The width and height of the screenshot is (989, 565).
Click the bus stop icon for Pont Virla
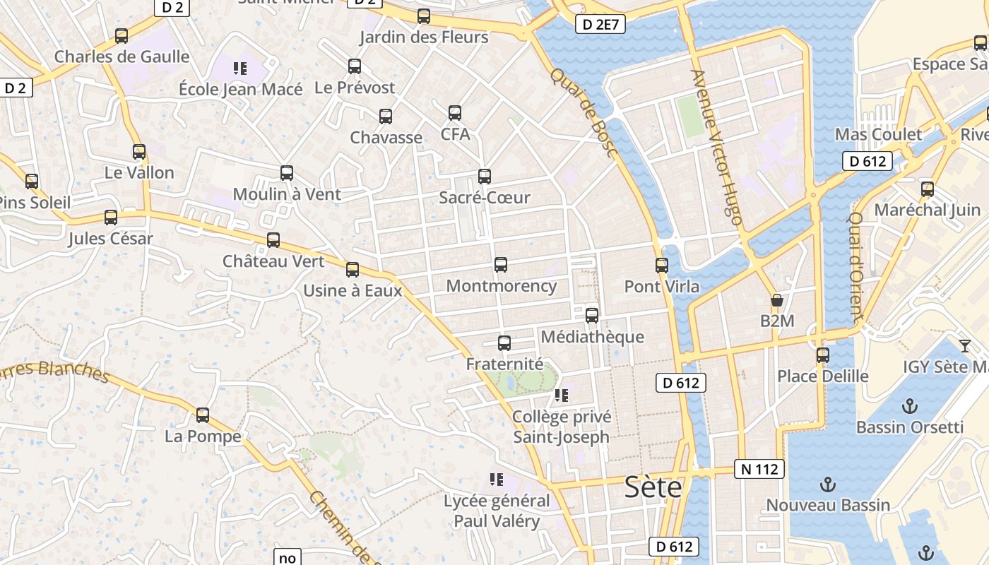pos(662,266)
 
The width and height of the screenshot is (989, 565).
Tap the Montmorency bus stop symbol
pos(501,265)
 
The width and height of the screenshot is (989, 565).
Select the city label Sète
pos(653,487)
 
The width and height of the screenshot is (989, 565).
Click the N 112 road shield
pos(759,469)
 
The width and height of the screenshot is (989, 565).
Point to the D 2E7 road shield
pos(600,25)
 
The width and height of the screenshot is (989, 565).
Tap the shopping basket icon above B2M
pos(777,301)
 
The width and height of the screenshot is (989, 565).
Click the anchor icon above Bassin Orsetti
pos(910,406)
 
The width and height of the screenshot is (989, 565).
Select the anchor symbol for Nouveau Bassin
pos(827,484)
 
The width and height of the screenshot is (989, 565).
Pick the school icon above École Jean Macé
pos(240,69)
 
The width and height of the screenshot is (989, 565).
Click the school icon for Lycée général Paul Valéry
pos(497,480)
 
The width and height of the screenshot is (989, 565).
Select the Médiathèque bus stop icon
pos(592,316)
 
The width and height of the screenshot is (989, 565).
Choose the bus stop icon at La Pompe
pos(203,415)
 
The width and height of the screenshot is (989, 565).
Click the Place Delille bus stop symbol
pos(823,355)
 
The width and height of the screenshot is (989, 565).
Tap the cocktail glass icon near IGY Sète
pos(965,345)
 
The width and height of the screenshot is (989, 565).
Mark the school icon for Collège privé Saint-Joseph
pos(562,395)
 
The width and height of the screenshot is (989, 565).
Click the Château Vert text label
pos(273,261)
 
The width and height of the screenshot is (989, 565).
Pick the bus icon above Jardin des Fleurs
pos(424,16)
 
